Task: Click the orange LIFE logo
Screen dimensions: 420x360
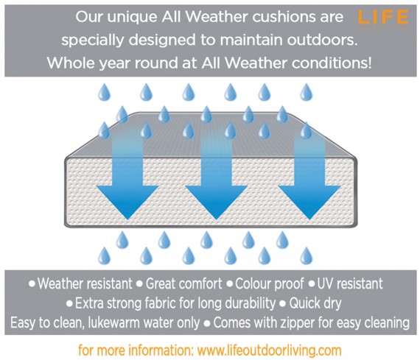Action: (x=383, y=18)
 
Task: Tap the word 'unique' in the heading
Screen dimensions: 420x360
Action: (x=133, y=18)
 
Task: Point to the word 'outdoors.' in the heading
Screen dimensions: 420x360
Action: (x=323, y=40)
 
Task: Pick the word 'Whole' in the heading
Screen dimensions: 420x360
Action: (x=71, y=63)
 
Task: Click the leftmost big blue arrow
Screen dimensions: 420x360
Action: (x=127, y=176)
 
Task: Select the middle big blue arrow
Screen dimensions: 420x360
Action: (x=216, y=176)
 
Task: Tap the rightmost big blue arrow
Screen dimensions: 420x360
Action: (x=309, y=176)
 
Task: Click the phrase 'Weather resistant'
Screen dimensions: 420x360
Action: (x=85, y=283)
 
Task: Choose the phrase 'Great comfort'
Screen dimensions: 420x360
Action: (x=183, y=283)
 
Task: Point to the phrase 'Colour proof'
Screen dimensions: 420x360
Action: (x=270, y=283)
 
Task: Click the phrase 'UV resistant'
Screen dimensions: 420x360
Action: (x=350, y=283)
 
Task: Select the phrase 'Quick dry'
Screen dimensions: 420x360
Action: (x=315, y=303)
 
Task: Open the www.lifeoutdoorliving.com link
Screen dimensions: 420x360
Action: (x=269, y=350)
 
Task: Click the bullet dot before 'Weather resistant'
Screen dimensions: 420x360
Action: (x=32, y=283)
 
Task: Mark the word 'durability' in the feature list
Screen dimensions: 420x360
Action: (x=250, y=303)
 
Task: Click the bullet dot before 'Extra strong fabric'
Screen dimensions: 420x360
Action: (x=69, y=304)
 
